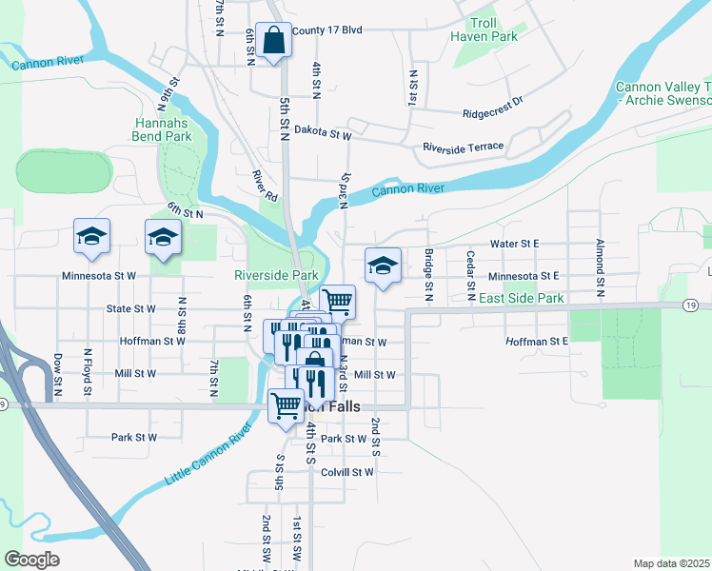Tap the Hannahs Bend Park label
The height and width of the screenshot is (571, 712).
163,130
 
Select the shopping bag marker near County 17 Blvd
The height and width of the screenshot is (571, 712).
274,41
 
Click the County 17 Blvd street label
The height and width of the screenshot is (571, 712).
327,30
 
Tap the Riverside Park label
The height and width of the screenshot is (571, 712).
276,275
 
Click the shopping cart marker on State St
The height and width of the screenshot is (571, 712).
338,302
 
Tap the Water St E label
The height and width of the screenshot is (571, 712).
514,244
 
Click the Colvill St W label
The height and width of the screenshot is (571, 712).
347,472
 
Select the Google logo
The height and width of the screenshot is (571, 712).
31,560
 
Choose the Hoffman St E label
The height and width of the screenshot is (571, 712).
537,341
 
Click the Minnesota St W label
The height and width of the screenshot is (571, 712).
99,276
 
